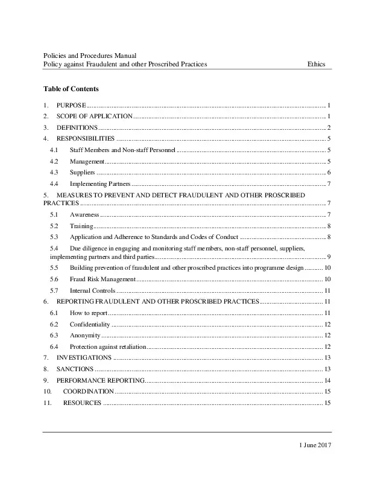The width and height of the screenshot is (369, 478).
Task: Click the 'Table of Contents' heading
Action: click(x=67, y=89)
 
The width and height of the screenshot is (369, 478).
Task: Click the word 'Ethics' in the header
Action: click(x=317, y=64)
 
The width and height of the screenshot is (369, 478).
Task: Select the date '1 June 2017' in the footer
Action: click(x=315, y=445)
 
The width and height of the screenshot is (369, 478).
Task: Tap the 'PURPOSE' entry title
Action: click(x=71, y=104)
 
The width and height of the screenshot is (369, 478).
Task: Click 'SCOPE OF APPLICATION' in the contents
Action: click(x=94, y=116)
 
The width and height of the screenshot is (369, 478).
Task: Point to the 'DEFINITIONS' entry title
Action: click(x=77, y=127)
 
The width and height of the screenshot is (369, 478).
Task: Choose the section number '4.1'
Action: click(x=54, y=150)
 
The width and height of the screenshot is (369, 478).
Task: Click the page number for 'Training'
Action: click(x=328, y=226)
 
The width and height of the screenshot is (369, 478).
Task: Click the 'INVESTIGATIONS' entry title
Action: click(x=84, y=358)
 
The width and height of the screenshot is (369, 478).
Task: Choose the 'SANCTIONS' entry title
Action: click(x=75, y=369)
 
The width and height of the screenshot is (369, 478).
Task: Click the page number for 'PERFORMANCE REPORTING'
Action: click(x=327, y=381)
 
